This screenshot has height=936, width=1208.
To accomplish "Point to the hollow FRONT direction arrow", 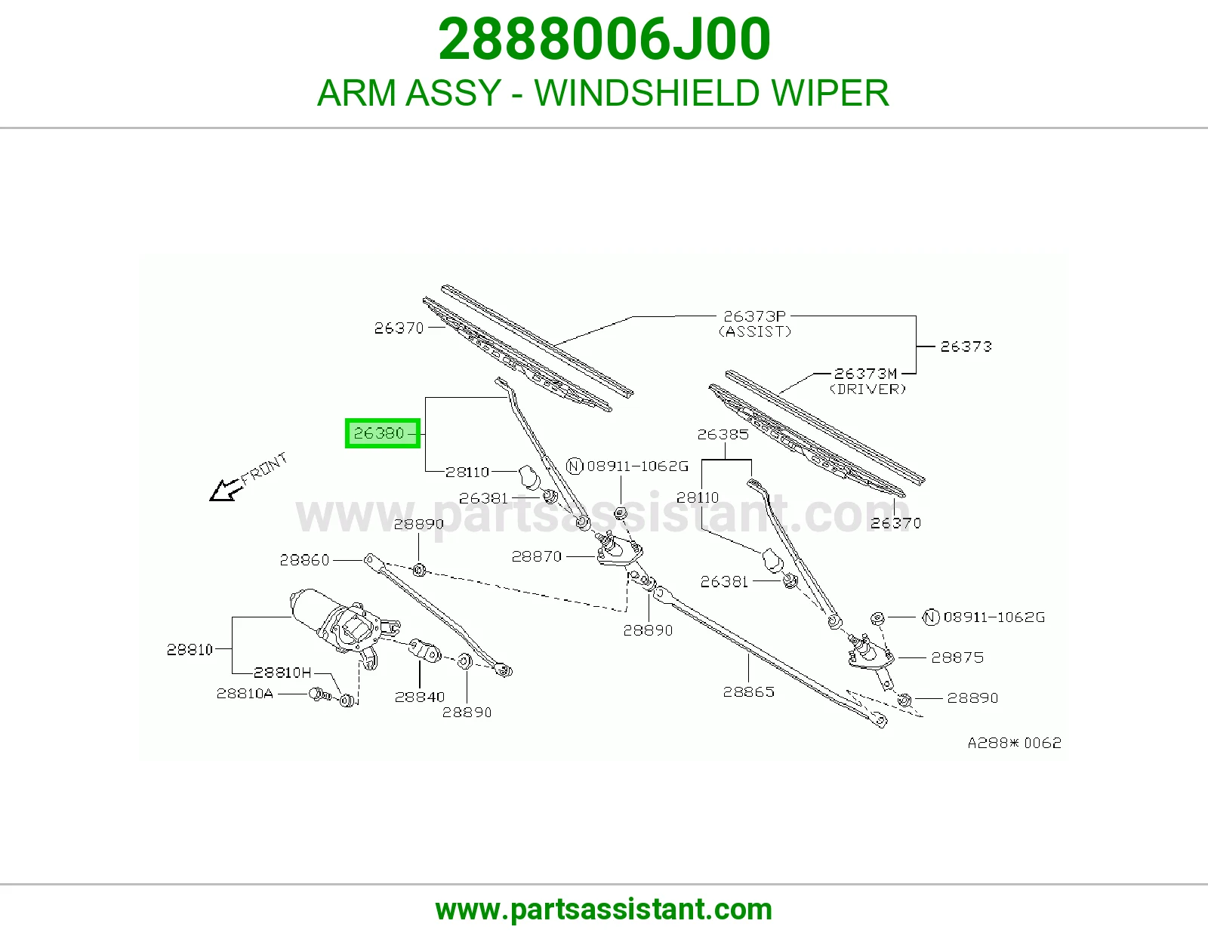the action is pos(226,490).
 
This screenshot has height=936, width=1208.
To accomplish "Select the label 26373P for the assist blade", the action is pos(754,316).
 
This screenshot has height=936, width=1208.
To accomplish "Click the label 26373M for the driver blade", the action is pos(865,374).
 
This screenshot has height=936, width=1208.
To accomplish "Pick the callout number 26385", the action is pos(723,434).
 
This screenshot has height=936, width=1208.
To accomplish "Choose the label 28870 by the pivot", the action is pos(537,556).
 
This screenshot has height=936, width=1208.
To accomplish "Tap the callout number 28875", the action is pos(957,657).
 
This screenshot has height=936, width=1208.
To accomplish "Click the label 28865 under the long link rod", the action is pos(748,692).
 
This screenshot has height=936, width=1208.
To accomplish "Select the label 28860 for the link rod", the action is pos(304,559).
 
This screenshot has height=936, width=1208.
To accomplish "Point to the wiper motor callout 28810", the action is pos(190,649).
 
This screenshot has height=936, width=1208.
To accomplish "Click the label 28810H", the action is pos(282,673).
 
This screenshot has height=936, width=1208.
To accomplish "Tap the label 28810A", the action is pos(245,694).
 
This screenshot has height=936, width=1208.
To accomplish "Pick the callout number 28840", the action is pos(420,697).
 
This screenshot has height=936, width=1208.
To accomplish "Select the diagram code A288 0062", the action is pos(1015,743).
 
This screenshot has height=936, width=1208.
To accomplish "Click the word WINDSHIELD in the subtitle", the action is pos(646,93).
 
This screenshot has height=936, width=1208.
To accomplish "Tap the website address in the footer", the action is pos(604,910).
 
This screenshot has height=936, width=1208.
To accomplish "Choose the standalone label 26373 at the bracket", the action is pos(966,346).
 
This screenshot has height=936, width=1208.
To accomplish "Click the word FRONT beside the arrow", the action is pos(264,467).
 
